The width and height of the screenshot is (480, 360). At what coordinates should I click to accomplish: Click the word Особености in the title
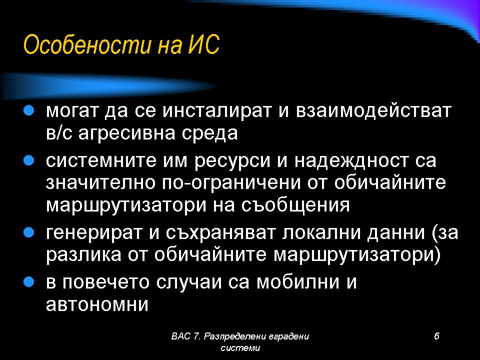coord(87,45)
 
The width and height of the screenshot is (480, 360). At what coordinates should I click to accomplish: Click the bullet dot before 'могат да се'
coord(28,110)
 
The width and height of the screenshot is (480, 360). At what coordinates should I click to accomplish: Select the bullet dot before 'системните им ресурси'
coord(28,160)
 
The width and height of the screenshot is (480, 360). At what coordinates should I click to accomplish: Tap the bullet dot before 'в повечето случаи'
coord(28,282)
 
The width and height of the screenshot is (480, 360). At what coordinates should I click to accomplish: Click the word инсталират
coord(217,111)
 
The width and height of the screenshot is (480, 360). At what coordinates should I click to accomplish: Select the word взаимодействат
coord(374,111)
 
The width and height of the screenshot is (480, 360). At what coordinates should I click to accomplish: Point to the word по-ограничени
coord(231,183)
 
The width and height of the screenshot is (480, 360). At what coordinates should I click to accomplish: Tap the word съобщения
coord(295,205)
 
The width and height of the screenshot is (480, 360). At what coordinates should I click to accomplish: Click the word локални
coord(321,232)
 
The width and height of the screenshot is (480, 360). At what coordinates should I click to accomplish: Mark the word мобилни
coord(298,282)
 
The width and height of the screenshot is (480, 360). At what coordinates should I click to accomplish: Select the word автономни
coord(97,305)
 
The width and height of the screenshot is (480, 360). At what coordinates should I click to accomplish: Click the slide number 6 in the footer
coord(436,336)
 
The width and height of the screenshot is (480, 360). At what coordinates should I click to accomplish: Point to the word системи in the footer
coord(240,348)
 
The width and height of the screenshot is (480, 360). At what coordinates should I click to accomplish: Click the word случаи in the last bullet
coord(189,282)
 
